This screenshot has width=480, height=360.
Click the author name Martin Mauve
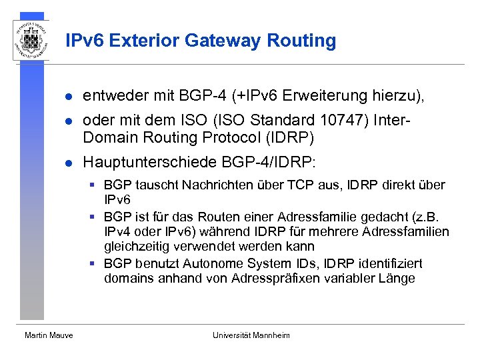(49, 335)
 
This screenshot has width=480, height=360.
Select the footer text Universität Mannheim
(251, 335)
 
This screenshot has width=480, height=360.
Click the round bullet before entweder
(67, 97)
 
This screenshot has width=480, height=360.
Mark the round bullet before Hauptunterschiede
(67, 163)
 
